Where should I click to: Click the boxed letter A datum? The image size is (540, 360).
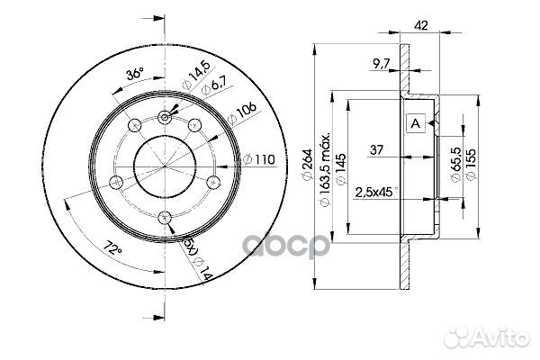[416, 124]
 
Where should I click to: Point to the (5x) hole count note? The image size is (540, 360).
[190, 243]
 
